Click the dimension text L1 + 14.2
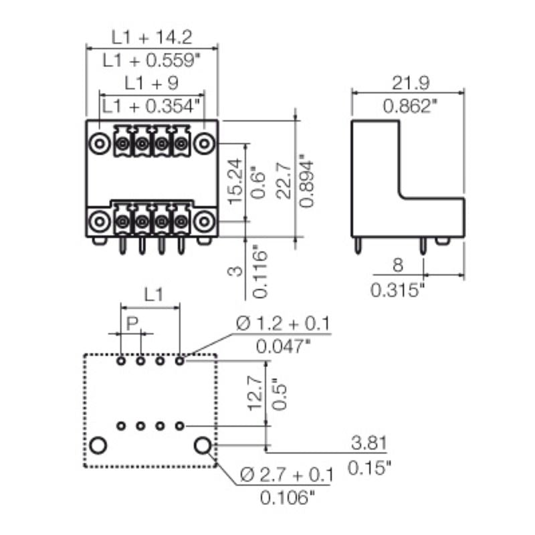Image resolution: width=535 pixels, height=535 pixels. click(153, 37)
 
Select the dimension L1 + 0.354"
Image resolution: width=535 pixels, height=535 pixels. click(153, 106)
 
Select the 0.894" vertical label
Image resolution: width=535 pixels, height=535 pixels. click(306, 182)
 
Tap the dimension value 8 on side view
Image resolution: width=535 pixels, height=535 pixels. click(397, 265)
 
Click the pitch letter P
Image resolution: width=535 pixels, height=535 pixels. click(132, 324)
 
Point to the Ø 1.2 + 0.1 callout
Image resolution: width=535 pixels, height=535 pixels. click(284, 324)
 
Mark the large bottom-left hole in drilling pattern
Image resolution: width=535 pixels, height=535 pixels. click(99, 445)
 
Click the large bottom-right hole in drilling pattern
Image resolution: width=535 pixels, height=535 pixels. click(202, 445)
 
